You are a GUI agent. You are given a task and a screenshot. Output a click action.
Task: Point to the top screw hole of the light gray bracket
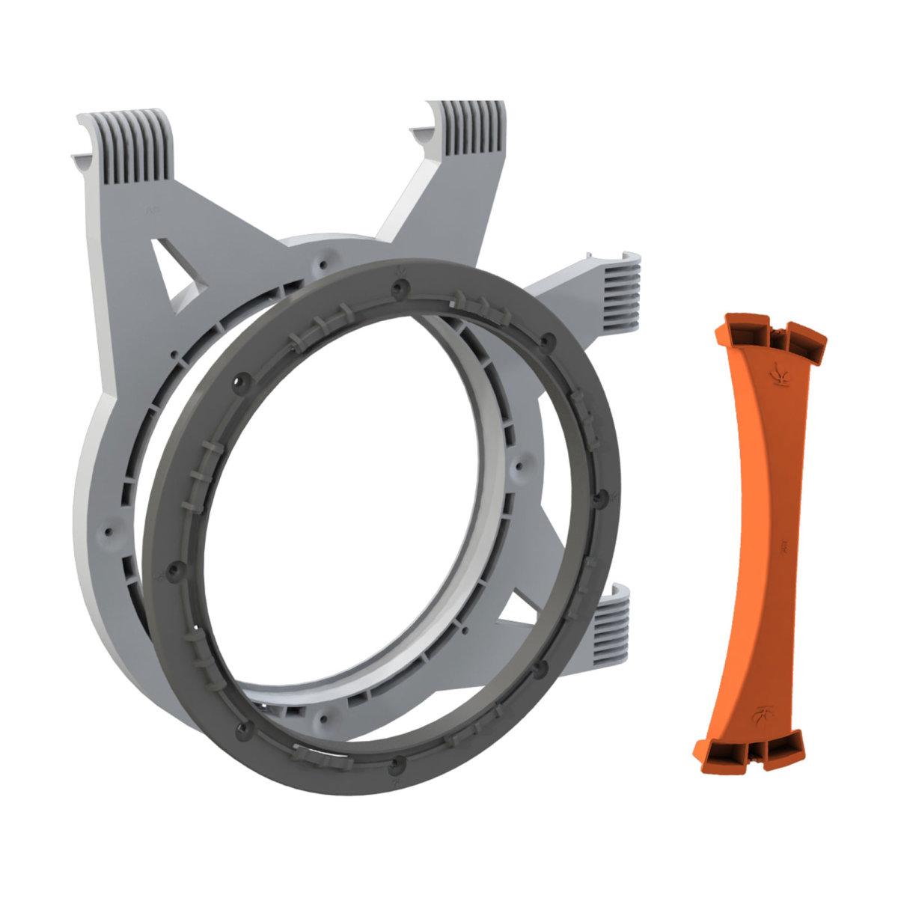[x=322, y=264]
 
